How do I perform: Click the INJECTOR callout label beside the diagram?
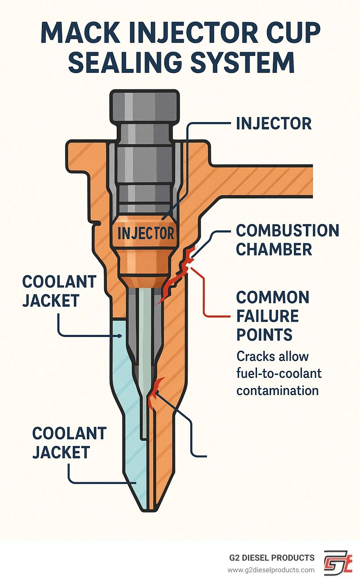click(x=274, y=123)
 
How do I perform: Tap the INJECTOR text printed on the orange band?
click(x=146, y=233)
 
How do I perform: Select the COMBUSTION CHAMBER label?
click(x=287, y=240)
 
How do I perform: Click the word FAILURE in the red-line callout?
click(x=267, y=316)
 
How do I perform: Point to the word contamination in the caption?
click(x=277, y=390)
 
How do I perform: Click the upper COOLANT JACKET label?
click(x=59, y=291)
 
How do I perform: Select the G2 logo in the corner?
click(x=337, y=563)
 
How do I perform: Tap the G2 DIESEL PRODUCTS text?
click(x=272, y=558)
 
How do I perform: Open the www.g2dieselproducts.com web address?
click(x=271, y=570)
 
